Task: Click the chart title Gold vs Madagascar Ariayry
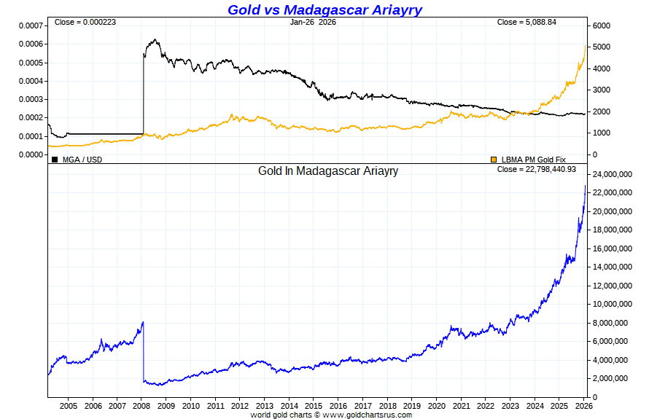point(324,9)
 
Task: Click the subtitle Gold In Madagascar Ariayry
point(328,171)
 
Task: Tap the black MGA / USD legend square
point(55,159)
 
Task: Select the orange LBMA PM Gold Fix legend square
point(494,159)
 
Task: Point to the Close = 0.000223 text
point(85,22)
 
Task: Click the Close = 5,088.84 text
point(526,22)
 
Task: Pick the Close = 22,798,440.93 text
point(536,169)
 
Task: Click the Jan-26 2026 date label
point(313,22)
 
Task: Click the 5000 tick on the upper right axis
point(602,47)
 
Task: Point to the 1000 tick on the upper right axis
point(602,133)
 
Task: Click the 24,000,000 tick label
point(613,175)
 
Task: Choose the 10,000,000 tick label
point(613,305)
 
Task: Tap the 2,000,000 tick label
point(610,379)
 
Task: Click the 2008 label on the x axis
point(142,405)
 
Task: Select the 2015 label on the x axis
point(314,405)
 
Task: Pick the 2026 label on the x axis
point(583,405)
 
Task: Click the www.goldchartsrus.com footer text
point(367,415)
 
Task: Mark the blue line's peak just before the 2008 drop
point(143,322)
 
